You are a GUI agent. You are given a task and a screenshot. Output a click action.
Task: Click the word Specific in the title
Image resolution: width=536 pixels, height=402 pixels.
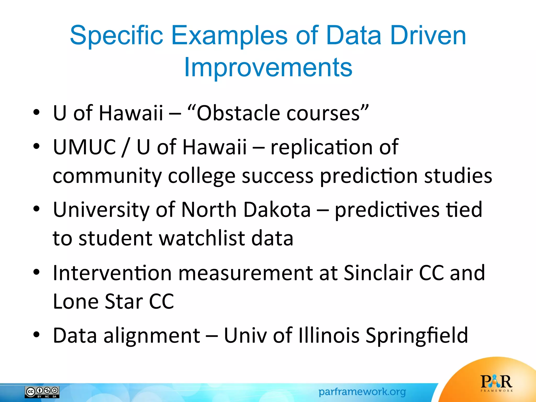pyautogui.click(x=116, y=35)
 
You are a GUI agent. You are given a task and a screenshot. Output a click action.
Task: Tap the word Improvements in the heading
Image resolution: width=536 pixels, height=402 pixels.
pyautogui.click(x=268, y=67)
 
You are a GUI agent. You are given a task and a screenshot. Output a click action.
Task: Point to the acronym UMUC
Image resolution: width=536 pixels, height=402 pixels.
pyautogui.click(x=85, y=147)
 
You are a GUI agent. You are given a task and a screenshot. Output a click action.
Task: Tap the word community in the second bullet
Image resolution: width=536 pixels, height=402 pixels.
pyautogui.click(x=107, y=176)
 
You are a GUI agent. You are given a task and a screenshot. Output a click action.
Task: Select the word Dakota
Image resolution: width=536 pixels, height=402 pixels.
pyautogui.click(x=277, y=210)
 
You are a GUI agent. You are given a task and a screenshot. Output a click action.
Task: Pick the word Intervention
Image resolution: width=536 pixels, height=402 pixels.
pyautogui.click(x=112, y=273)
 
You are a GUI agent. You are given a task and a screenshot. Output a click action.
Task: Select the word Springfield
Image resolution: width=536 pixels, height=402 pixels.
pyautogui.click(x=416, y=335)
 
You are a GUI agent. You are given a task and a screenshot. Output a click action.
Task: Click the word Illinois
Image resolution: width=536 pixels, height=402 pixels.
pyautogui.click(x=329, y=335)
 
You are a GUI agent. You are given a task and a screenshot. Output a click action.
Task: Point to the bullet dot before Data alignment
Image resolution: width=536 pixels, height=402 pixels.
pyautogui.click(x=36, y=335)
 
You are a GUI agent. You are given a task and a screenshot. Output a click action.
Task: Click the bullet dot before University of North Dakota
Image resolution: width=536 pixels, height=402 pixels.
pyautogui.click(x=36, y=209)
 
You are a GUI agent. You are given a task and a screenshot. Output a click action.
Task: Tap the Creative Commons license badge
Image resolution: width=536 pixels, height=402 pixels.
pyautogui.click(x=42, y=392)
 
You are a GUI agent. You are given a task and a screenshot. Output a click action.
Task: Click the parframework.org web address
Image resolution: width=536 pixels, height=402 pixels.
pyautogui.click(x=362, y=392)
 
